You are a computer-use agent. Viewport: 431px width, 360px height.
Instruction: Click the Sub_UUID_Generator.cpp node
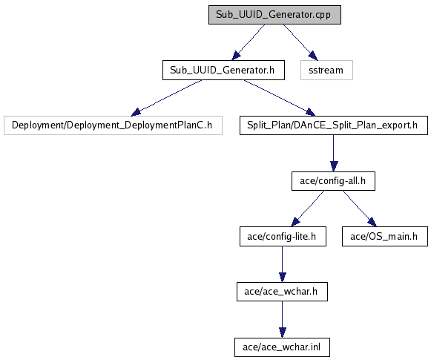pyautogui.click(x=274, y=15)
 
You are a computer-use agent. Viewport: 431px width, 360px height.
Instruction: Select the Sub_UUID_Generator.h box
pyautogui.click(x=223, y=71)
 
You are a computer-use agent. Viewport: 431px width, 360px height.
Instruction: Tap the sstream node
pyautogui.click(x=326, y=71)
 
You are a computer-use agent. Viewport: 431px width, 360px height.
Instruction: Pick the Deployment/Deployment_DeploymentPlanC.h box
pyautogui.click(x=113, y=125)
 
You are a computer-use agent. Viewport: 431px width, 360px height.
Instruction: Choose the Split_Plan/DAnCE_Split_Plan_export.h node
pyautogui.click(x=334, y=125)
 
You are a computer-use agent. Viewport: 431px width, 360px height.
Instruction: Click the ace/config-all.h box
pyautogui.click(x=333, y=181)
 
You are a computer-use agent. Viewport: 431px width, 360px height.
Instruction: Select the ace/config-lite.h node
pyautogui.click(x=283, y=237)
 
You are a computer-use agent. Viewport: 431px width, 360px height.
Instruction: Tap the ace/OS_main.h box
pyautogui.click(x=385, y=237)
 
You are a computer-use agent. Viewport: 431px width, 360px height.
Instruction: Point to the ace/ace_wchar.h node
pyautogui.click(x=282, y=292)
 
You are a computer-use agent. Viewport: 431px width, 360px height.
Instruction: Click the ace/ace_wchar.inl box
pyautogui.click(x=282, y=347)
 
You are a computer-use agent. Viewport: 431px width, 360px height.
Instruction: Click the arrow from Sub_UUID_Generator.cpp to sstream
pyautogui.click(x=300, y=42)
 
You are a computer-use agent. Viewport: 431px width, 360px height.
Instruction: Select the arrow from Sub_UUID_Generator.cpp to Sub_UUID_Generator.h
pyautogui.click(x=249, y=42)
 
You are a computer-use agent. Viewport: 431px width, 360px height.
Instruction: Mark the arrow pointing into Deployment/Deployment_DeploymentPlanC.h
pyautogui.click(x=167, y=98)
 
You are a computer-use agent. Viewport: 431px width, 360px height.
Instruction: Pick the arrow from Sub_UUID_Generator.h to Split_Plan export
pyautogui.click(x=280, y=98)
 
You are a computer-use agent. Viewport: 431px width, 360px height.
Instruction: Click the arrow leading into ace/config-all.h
pyautogui.click(x=334, y=153)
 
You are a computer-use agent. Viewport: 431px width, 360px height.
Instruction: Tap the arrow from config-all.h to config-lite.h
pyautogui.click(x=308, y=209)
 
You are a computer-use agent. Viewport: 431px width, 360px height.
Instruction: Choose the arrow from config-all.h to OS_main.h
pyautogui.click(x=360, y=209)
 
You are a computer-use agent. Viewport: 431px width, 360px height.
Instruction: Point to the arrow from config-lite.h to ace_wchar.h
pyautogui.click(x=283, y=264)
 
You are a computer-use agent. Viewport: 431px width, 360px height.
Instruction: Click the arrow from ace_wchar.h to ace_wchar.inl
pyautogui.click(x=283, y=319)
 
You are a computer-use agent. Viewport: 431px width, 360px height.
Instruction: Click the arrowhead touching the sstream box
pyautogui.click(x=313, y=56)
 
